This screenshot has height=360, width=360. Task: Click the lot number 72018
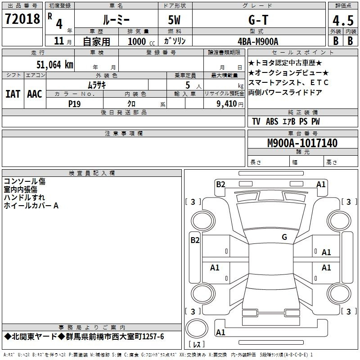click(x=22, y=19)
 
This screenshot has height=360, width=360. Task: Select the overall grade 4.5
click(x=343, y=21)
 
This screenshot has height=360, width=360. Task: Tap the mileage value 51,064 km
click(x=55, y=65)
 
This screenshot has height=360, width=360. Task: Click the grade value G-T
click(x=258, y=20)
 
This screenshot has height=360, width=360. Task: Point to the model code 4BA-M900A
click(x=258, y=41)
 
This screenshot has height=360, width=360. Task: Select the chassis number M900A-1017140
click(x=302, y=143)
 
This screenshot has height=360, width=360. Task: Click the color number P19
click(x=74, y=104)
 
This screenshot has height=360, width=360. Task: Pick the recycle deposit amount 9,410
click(x=227, y=104)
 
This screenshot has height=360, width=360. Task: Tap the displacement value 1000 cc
click(x=141, y=41)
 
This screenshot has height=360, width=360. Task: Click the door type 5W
click(x=174, y=20)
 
